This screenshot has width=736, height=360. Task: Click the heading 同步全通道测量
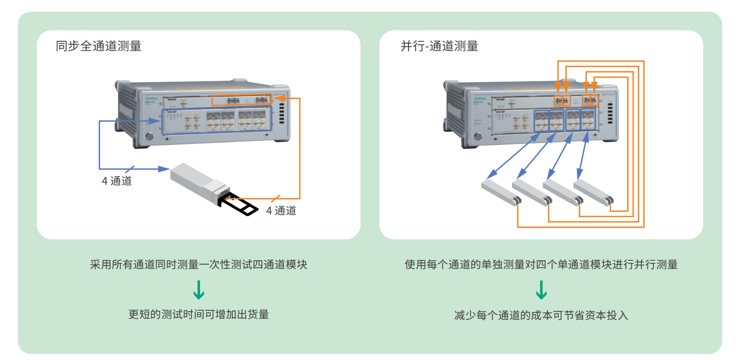pos(98,46)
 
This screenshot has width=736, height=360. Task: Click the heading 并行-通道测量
pos(439,46)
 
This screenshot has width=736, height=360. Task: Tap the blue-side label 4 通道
pos(117,181)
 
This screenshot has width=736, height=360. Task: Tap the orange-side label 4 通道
pos(281,210)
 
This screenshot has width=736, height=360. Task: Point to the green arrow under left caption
pos(199,291)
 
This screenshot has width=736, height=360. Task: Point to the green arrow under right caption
pos(541,291)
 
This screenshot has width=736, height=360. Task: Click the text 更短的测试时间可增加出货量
pos(198,315)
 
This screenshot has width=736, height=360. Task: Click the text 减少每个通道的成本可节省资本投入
pos(541,316)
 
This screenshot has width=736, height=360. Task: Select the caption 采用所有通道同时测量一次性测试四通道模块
pos(198,265)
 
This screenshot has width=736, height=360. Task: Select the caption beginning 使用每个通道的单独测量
pos(541,265)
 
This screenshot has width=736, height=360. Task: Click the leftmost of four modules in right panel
pos(499,191)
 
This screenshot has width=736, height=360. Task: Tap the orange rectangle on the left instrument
pos(241,100)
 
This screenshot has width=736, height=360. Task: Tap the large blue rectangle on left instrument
pos(216,120)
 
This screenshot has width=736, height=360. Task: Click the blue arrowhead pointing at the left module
pos(163,168)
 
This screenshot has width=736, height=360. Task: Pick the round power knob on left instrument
pos(150,136)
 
